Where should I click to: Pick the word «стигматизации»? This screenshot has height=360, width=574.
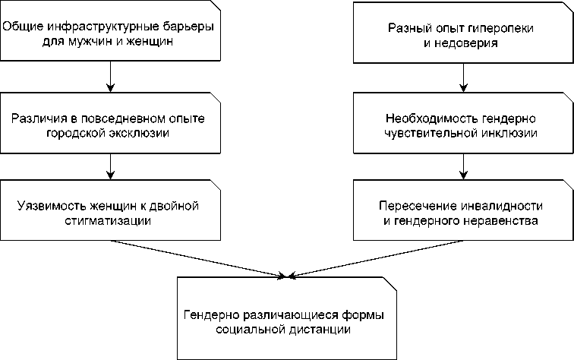tap(108, 221)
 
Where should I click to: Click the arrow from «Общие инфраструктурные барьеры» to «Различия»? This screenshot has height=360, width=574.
tap(111, 77)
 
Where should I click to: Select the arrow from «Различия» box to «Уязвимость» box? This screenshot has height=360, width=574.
tap(111, 166)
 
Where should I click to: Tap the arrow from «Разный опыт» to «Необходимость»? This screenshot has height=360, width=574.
tap(463, 77)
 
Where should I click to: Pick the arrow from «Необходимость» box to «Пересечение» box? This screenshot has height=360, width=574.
tap(463, 166)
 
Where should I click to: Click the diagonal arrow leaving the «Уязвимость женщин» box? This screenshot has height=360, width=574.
tap(197, 259)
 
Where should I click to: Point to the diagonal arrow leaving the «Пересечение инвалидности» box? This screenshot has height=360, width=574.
tap(376, 258)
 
